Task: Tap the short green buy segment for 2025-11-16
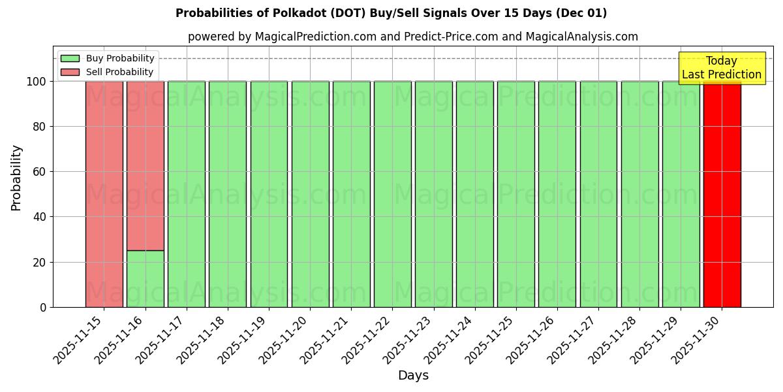click(x=146, y=279)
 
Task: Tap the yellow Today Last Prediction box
click(x=721, y=68)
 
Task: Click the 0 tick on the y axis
click(x=43, y=307)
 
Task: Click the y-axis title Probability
click(x=16, y=177)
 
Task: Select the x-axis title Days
click(x=413, y=376)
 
